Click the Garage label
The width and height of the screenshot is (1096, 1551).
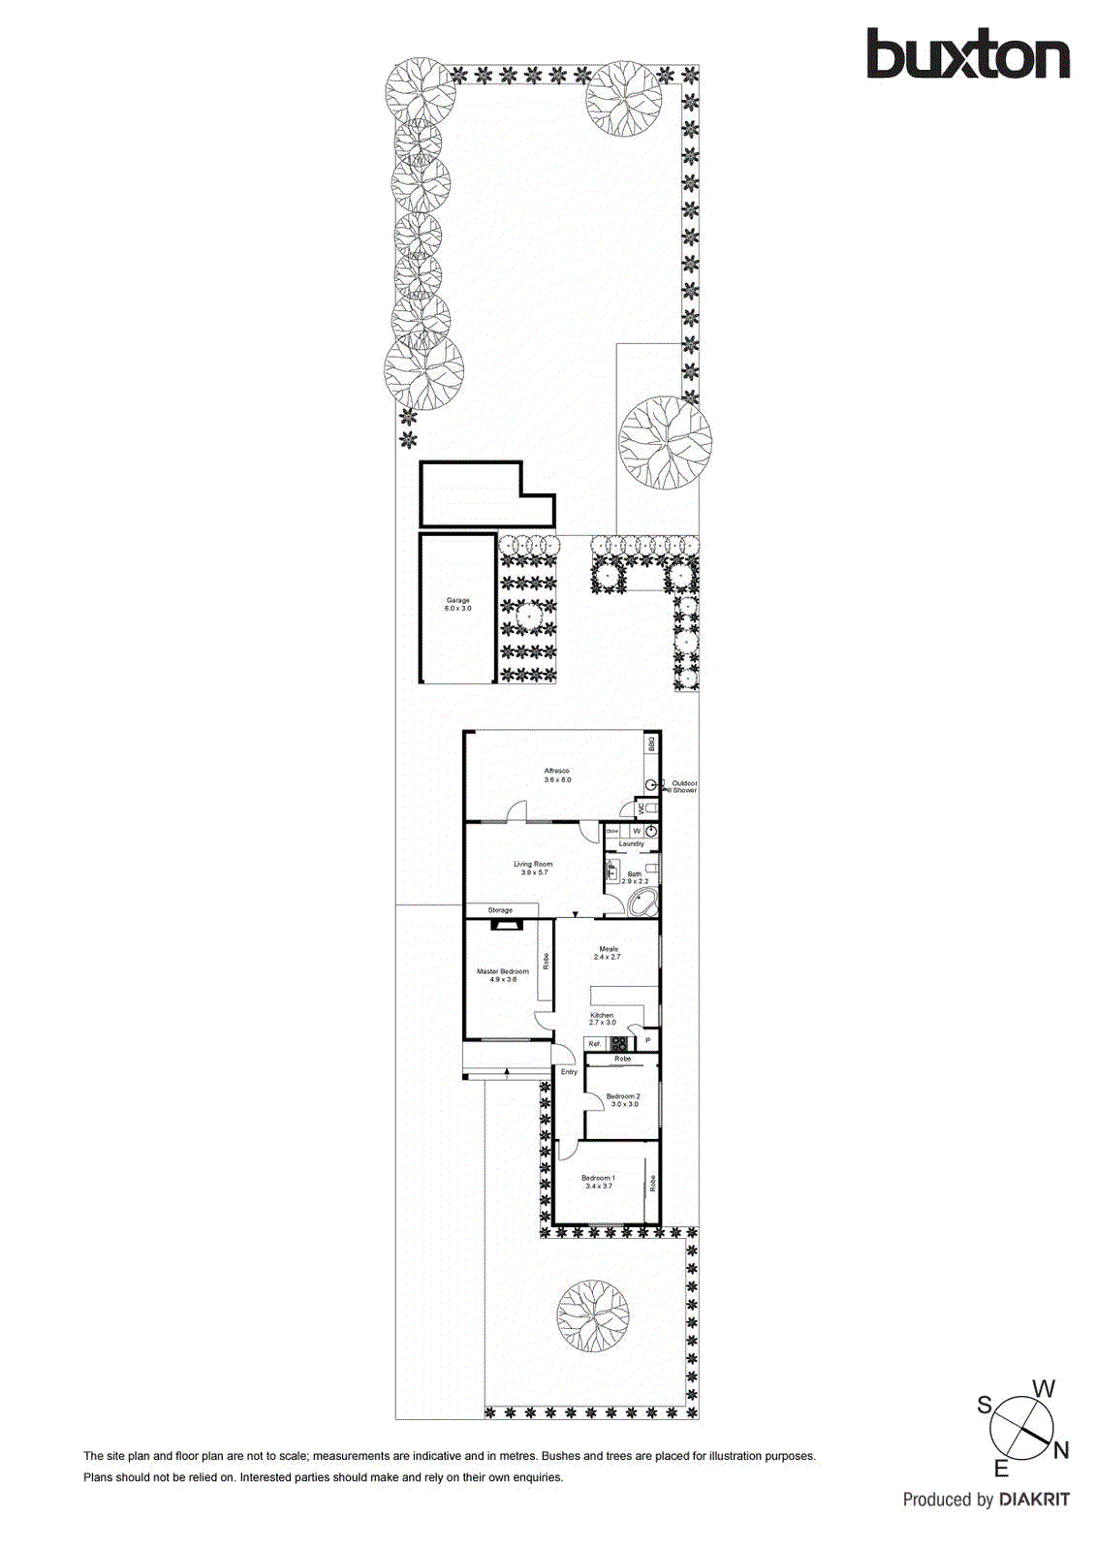click(x=458, y=601)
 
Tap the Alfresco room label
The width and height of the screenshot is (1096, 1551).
click(x=557, y=772)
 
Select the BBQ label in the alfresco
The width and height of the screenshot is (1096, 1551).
click(x=652, y=744)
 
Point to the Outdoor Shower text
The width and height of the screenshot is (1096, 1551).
click(x=684, y=786)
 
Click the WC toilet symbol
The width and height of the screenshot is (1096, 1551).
click(x=651, y=807)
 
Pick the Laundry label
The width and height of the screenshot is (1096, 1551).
click(x=632, y=844)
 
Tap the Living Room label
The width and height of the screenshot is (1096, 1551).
click(x=533, y=864)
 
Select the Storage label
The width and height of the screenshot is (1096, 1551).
click(x=500, y=910)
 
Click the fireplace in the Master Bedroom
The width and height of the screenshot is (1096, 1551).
click(x=506, y=925)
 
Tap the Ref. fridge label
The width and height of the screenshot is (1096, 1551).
click(x=595, y=1044)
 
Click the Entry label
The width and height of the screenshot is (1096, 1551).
click(x=569, y=1072)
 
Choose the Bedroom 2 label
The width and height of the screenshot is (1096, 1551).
click(x=623, y=1096)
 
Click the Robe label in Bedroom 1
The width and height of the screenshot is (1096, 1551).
click(x=653, y=1183)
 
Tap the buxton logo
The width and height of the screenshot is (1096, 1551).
click(x=967, y=54)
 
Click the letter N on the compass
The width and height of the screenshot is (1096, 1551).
click(x=1061, y=1451)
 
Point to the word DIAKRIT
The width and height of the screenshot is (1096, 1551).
click(x=1034, y=1500)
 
